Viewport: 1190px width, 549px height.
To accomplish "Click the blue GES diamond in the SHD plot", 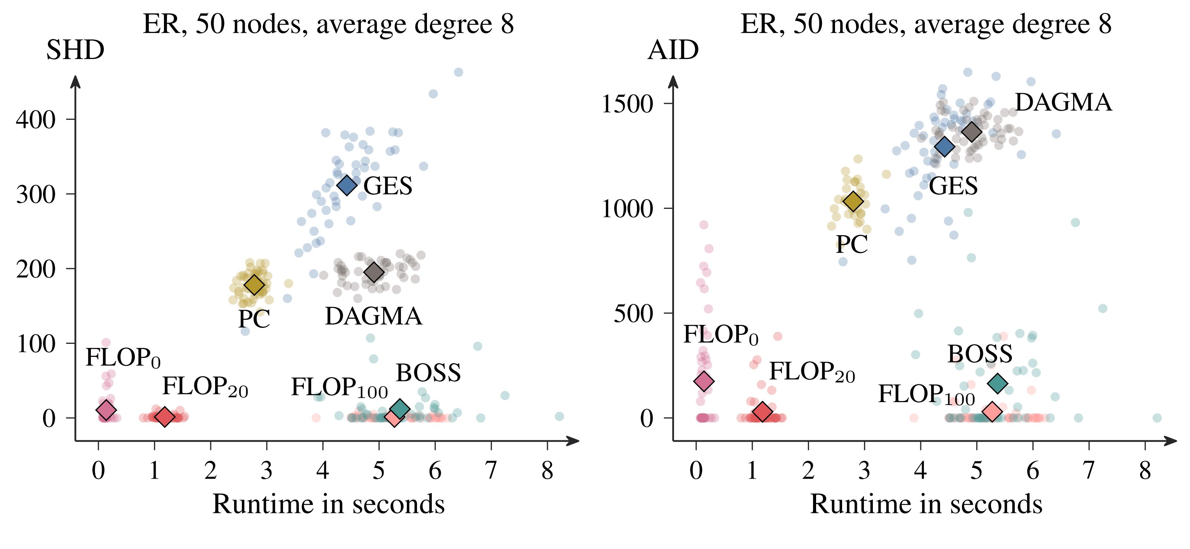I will [x=347, y=185].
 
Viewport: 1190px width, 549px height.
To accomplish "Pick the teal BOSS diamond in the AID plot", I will [x=998, y=383].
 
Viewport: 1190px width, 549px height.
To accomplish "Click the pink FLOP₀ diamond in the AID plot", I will [x=704, y=381].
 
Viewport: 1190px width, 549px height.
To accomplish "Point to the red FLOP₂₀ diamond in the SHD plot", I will [x=164, y=417].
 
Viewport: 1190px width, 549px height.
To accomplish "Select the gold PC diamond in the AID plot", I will [x=853, y=201].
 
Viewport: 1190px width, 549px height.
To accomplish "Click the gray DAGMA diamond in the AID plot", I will [x=972, y=131].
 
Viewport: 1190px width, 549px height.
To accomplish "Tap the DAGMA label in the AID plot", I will [x=1063, y=103].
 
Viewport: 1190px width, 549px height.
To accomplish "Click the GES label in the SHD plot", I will [x=388, y=186].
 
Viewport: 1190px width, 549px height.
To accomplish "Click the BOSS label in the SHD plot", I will [x=428, y=373].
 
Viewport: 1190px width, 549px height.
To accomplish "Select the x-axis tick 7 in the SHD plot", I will [x=491, y=470].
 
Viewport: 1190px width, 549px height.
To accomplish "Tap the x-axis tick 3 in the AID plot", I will [x=864, y=470].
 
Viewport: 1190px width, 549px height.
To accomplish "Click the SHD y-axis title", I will [x=75, y=50].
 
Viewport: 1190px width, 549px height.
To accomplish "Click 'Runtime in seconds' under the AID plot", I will [x=926, y=504].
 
